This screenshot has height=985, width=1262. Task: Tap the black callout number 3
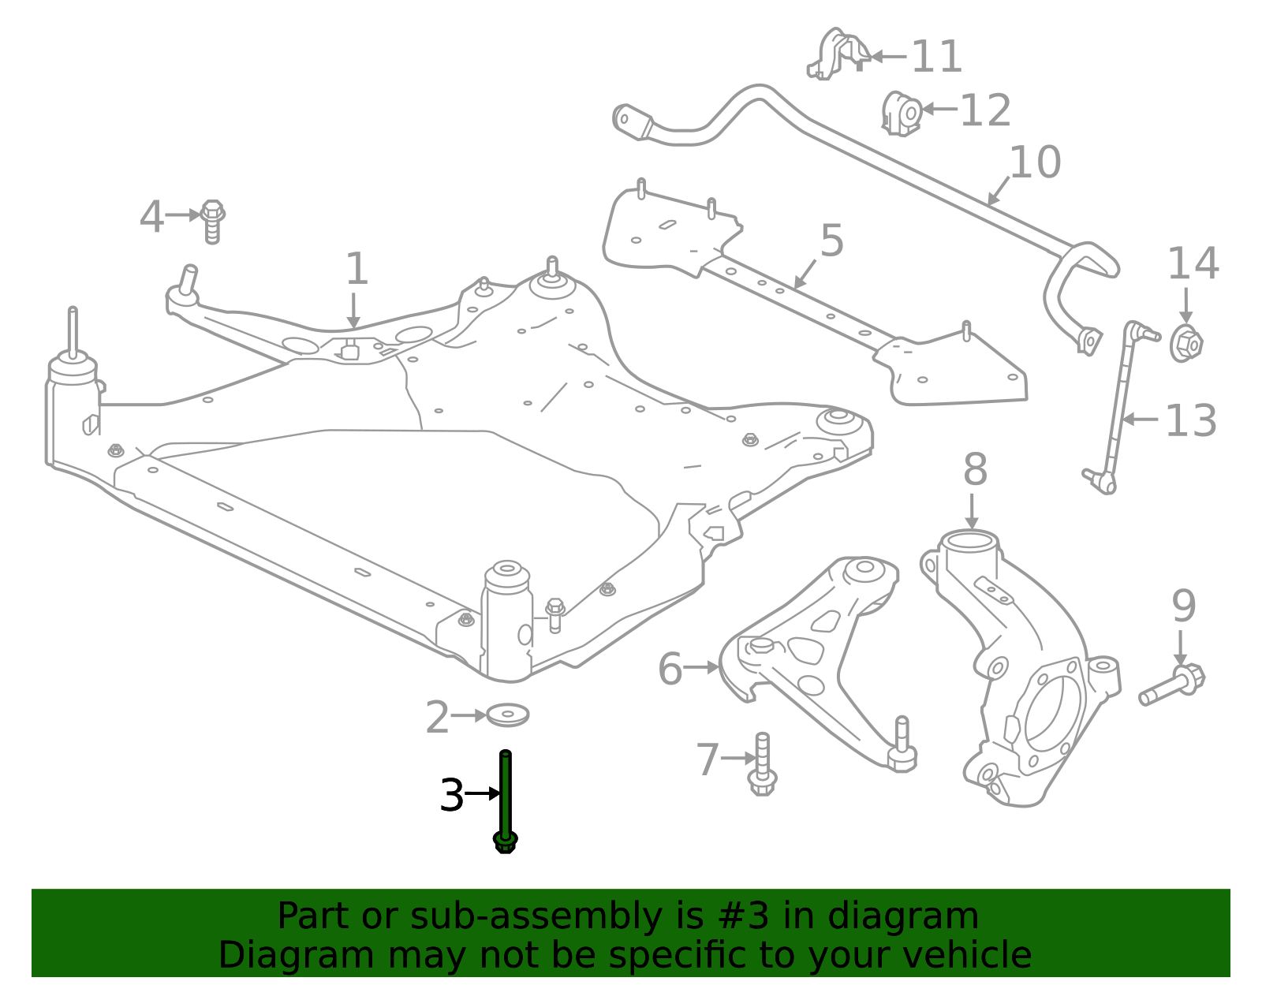point(452,795)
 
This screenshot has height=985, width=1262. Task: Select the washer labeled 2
point(507,715)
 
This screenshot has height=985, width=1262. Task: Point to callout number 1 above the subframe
point(357,270)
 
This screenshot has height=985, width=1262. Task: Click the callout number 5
point(832,241)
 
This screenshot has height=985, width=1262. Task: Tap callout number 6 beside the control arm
point(670,670)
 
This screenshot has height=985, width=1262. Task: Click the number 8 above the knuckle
point(975,471)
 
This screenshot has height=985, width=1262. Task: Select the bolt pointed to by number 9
point(1172,684)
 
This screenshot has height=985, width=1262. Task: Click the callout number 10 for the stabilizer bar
point(1035,162)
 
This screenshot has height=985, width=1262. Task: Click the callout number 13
point(1190,421)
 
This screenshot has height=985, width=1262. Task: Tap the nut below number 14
point(1185,344)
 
